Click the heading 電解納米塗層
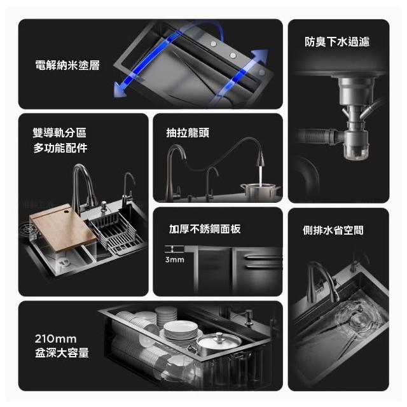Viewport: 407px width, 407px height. [67, 65]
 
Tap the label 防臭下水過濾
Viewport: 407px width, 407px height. [337, 41]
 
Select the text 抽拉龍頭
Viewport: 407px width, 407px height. [188, 133]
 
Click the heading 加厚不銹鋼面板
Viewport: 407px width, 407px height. [205, 229]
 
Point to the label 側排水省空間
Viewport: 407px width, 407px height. [333, 230]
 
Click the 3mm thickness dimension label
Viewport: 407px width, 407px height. [175, 259]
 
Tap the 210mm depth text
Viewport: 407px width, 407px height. [56, 339]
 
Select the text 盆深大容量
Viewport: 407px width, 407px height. [62, 353]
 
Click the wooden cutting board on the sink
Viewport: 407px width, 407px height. [64, 228]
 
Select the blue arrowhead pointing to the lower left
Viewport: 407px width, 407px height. [121, 88]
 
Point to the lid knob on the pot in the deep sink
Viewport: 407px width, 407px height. [219, 336]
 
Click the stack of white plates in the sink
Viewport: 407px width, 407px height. [181, 331]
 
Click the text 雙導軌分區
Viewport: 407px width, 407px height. [59, 133]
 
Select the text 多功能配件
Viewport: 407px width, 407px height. [60, 148]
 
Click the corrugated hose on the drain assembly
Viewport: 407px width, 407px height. [315, 135]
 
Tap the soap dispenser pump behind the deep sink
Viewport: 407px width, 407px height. [247, 316]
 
